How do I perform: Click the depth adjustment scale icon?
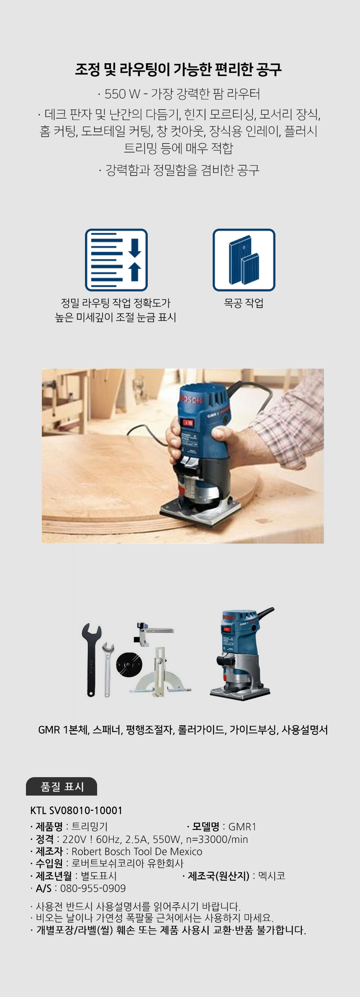point(116,260)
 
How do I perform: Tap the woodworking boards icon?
point(244,260)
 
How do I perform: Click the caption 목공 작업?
point(244,303)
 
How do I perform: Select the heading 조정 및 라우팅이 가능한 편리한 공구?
point(178,70)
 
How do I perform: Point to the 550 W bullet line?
point(179,94)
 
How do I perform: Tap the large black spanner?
point(91,660)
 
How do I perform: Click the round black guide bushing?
point(129,663)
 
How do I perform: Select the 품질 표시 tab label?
point(62,787)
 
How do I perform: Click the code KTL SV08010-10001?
point(76,810)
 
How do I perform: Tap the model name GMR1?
point(242,827)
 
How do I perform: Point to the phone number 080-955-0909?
point(93,888)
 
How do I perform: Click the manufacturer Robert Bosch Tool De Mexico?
point(137,851)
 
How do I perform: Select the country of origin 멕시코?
point(272,876)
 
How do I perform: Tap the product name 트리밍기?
point(90,827)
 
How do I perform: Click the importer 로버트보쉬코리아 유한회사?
point(128,863)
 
